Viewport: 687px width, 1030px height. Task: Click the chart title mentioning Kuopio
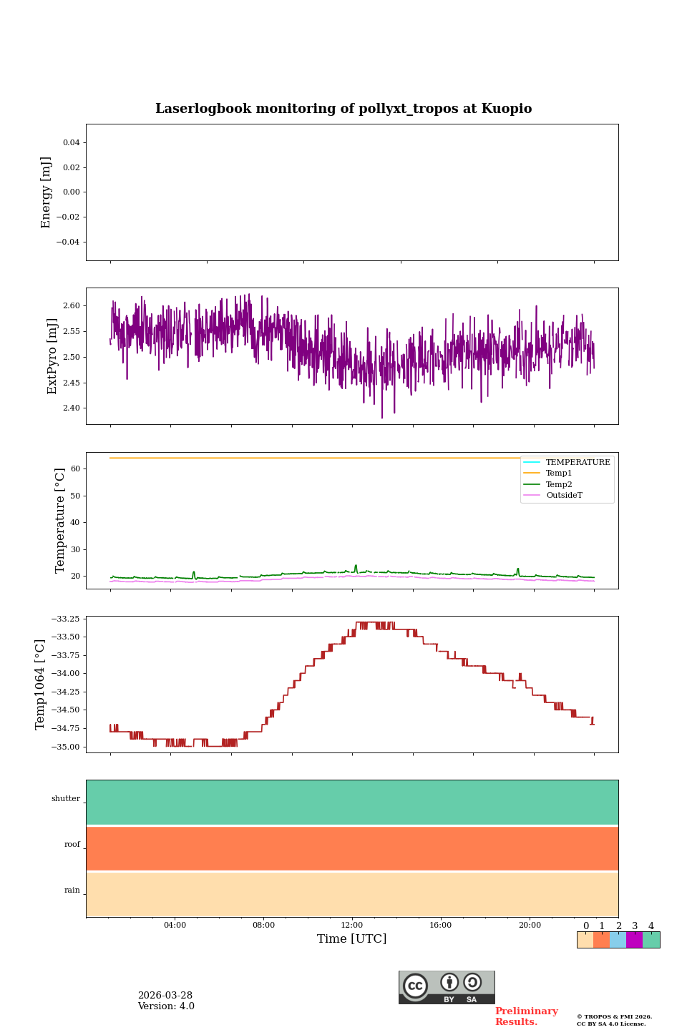pos(343,109)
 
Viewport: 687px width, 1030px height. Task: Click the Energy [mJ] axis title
pos(47,192)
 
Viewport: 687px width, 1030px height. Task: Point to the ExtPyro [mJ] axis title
pos(52,356)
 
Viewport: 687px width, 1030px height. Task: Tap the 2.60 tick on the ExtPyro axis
pos(72,306)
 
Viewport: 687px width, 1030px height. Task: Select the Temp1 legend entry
pos(559,474)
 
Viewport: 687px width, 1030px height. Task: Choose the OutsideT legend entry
pos(564,496)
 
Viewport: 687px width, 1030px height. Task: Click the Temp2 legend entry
pos(559,485)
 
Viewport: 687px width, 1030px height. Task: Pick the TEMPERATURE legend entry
pos(578,463)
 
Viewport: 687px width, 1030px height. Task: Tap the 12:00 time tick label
pos(352,926)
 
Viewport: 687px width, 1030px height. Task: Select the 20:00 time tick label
pos(530,926)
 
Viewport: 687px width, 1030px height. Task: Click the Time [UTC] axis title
pos(352,939)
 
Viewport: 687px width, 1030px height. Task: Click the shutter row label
pos(66,799)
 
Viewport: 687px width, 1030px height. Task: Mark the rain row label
pos(72,891)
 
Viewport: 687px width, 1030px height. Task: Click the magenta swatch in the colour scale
pos(634,940)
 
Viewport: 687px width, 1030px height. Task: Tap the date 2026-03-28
pos(165,996)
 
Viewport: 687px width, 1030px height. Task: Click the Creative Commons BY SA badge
pos(447,987)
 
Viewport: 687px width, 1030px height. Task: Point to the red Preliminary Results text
pos(526,1016)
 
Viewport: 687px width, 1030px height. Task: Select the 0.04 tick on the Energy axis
pos(71,143)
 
